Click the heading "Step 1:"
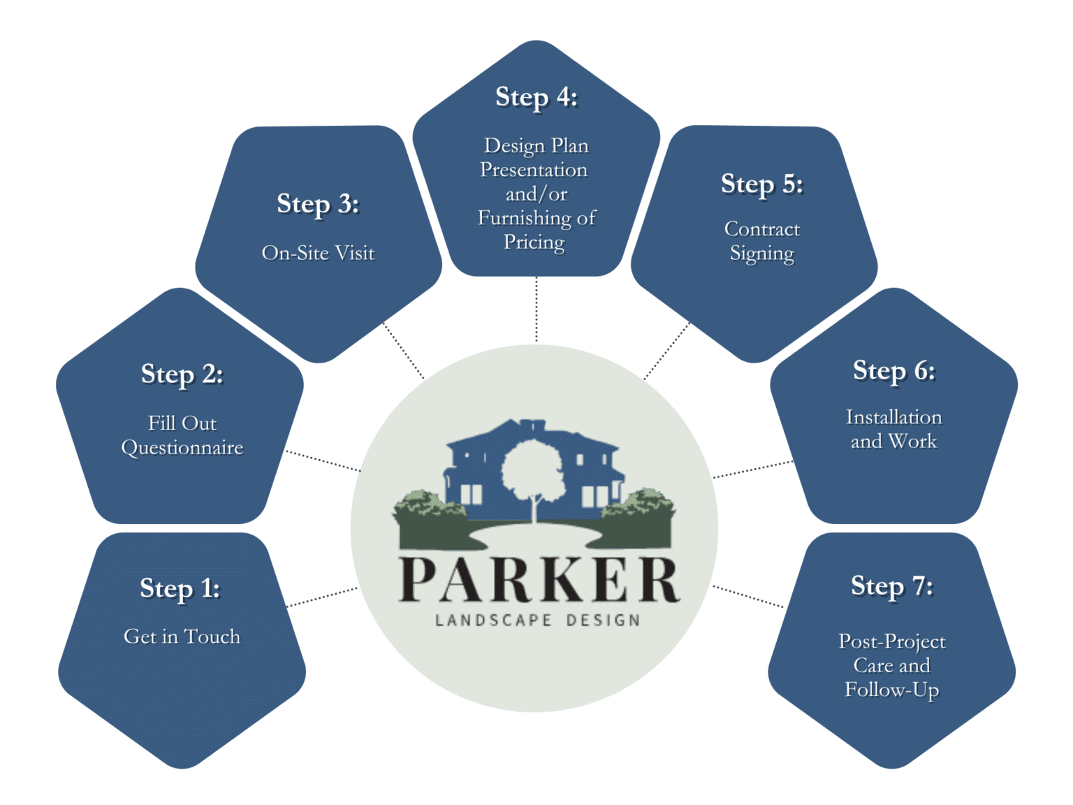pyautogui.click(x=180, y=588)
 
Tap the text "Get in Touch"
pyautogui.click(x=182, y=637)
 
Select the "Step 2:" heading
pyautogui.click(x=182, y=375)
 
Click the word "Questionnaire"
pyautogui.click(x=182, y=448)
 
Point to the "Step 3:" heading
pyautogui.click(x=318, y=204)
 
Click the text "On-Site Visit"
pyautogui.click(x=318, y=253)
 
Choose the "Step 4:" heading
pyautogui.click(x=536, y=97)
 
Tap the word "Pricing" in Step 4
pyautogui.click(x=534, y=242)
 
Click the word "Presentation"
pyautogui.click(x=534, y=170)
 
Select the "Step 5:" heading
pyautogui.click(x=762, y=184)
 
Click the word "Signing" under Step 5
pyautogui.click(x=762, y=254)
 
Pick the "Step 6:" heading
pyautogui.click(x=893, y=371)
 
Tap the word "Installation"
pyautogui.click(x=893, y=417)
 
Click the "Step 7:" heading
pyautogui.click(x=891, y=586)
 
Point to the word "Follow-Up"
pyautogui.click(x=891, y=690)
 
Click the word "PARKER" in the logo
pyautogui.click(x=538, y=581)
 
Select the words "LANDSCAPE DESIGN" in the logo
pyautogui.click(x=537, y=621)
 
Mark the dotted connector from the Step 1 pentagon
pyautogui.click(x=323, y=597)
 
